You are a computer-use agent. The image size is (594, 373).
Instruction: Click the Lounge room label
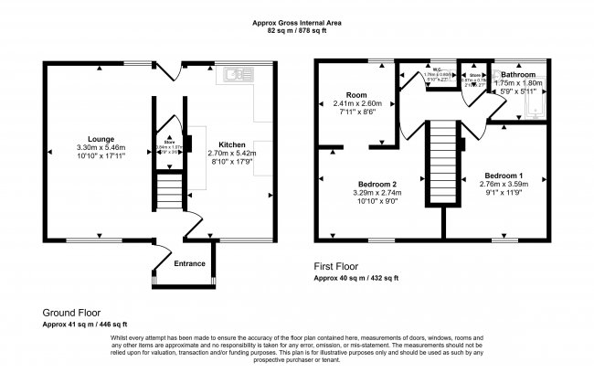(x=94, y=139)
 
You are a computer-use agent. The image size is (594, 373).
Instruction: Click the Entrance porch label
(x=190, y=264)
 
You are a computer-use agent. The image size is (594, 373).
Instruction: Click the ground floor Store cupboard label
(x=169, y=142)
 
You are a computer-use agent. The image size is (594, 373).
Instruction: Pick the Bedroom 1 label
(x=504, y=175)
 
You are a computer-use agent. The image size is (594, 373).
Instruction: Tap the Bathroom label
(x=517, y=73)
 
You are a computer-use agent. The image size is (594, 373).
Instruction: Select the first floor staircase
(x=441, y=165)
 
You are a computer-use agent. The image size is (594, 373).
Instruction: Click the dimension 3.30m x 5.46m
(x=94, y=148)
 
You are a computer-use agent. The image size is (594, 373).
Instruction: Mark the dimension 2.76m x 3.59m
(x=504, y=184)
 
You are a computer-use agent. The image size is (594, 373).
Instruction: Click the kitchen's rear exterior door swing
(x=168, y=70)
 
